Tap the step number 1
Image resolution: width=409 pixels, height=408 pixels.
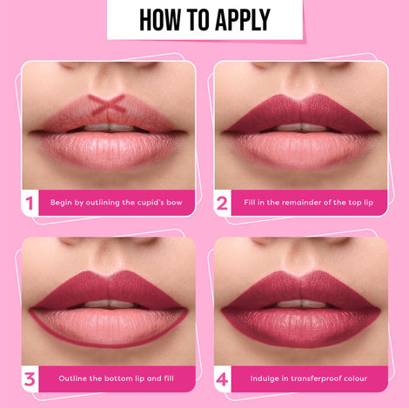30,204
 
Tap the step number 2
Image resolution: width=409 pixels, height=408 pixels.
223,204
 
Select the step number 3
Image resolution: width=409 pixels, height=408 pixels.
30,379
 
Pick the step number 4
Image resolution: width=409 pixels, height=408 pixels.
223,379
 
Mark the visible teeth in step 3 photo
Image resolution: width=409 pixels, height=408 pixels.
110,304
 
